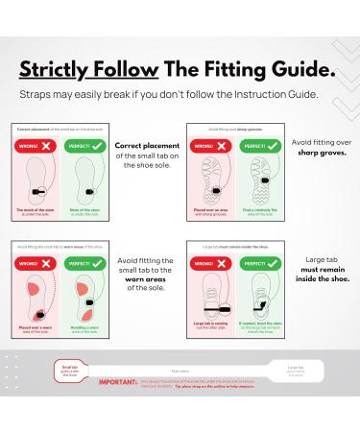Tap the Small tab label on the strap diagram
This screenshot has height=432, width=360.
tap(70, 367)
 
